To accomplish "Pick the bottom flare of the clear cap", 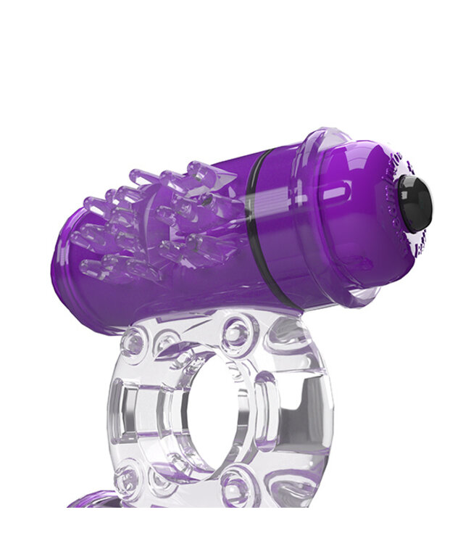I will pos(355,297).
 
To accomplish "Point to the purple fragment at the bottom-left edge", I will pos(94,500).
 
